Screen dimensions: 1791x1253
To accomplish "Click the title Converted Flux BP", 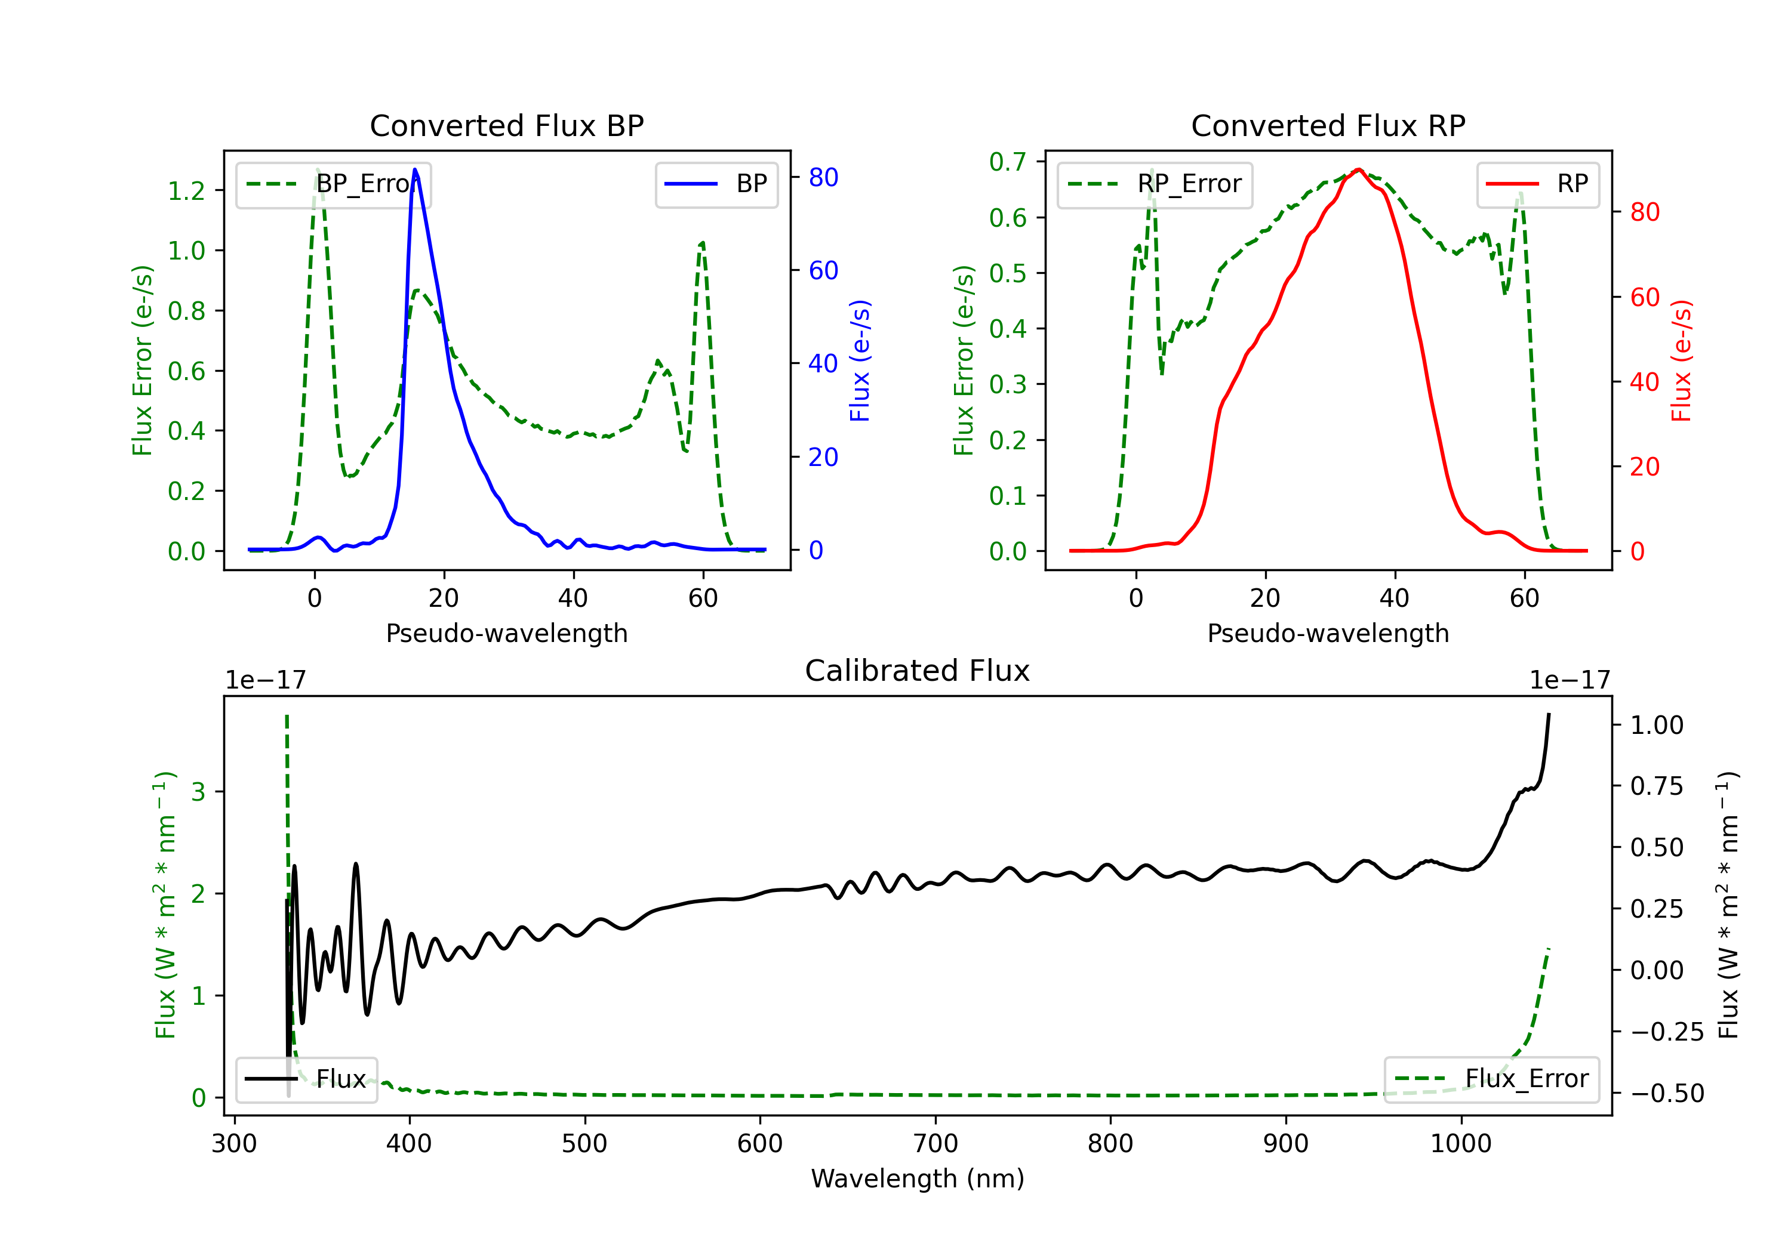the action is click(506, 125).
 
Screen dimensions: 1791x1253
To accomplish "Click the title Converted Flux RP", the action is click(1328, 125).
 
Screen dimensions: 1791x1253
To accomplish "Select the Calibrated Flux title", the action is click(918, 671).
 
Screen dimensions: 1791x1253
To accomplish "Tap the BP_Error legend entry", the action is click(334, 184).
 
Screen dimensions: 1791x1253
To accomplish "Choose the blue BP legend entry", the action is click(716, 184).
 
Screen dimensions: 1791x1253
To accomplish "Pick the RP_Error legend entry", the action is click(1155, 184).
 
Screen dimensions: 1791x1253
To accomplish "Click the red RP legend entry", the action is click(1537, 184).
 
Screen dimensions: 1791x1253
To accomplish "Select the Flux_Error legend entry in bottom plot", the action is click(1491, 1079).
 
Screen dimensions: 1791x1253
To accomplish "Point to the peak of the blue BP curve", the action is click(415, 169).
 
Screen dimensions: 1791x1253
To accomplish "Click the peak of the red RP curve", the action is click(1359, 169).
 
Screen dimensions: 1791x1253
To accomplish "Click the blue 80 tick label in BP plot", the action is click(824, 178).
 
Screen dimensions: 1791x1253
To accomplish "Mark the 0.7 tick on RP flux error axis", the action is click(1008, 162).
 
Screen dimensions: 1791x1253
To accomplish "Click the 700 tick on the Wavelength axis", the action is click(935, 1144).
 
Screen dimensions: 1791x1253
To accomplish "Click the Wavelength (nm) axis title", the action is click(918, 1178).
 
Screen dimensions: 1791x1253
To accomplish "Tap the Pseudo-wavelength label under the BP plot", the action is click(506, 633).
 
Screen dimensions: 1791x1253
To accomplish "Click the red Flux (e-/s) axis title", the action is click(1681, 361).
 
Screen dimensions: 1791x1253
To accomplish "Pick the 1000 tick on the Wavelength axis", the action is click(1461, 1144).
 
